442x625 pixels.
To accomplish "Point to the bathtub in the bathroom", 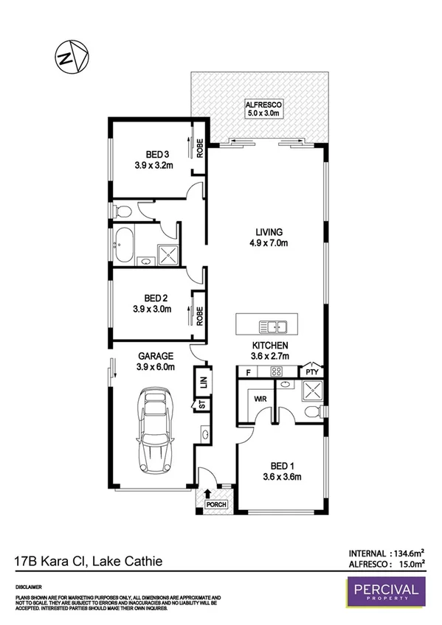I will (125, 245).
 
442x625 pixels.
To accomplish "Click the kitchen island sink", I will (272, 326).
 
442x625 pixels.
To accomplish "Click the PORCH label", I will (215, 505).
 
